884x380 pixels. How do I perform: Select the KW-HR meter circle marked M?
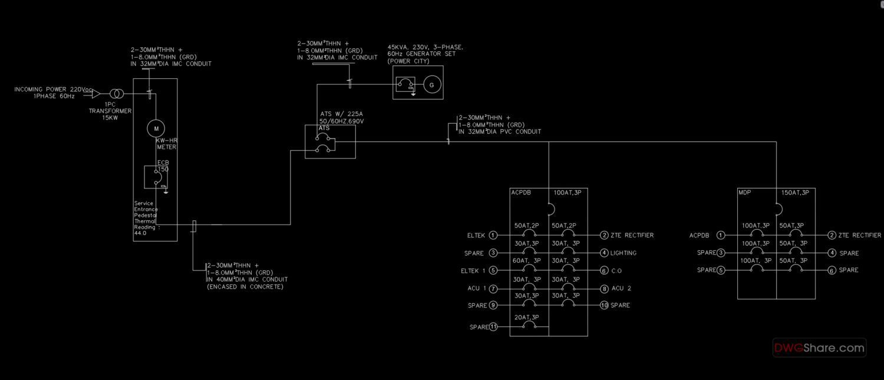pos(156,128)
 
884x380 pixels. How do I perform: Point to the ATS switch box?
pos(330,142)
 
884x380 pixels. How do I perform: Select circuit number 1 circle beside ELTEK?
pos(493,235)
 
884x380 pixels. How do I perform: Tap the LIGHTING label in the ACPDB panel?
pos(624,253)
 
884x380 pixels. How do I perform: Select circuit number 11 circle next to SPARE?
pos(493,327)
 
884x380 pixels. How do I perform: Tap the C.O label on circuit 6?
pos(616,271)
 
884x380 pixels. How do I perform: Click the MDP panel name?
pos(744,192)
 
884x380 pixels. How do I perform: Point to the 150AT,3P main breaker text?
pos(795,192)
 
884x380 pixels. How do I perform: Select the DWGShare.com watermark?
pos(819,348)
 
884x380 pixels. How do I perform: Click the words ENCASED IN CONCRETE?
pos(245,287)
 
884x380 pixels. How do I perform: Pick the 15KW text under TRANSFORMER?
pos(110,117)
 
